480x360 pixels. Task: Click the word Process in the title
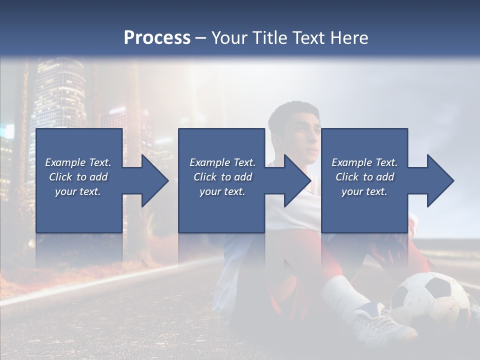tap(157, 38)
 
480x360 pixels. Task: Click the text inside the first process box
tap(78, 177)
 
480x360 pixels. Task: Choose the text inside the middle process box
tap(222, 177)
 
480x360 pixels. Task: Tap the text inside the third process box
tap(364, 177)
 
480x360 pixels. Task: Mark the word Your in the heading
tap(230, 38)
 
